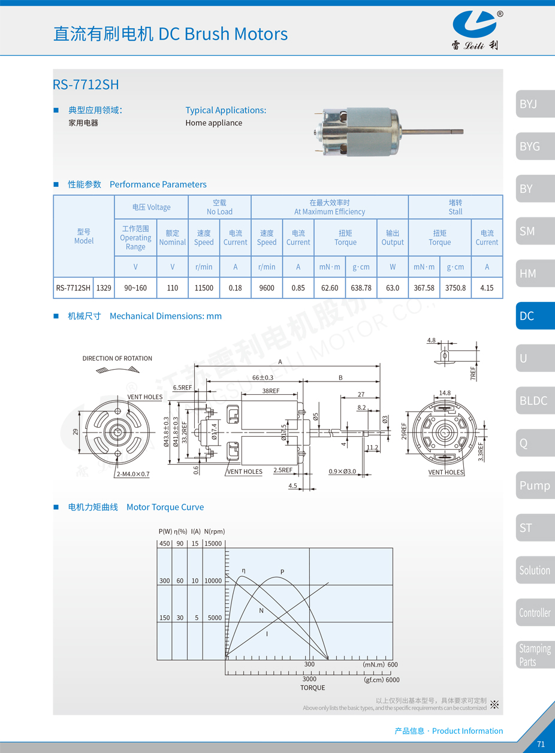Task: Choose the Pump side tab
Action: pyautogui.click(x=534, y=485)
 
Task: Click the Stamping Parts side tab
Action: pyautogui.click(x=534, y=655)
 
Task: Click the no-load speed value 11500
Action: pyautogui.click(x=204, y=288)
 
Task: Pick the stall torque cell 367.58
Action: pyautogui.click(x=424, y=288)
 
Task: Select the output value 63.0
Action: pyautogui.click(x=393, y=288)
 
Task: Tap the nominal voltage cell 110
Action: pyautogui.click(x=173, y=288)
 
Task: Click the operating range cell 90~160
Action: pyautogui.click(x=135, y=288)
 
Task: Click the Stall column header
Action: pyautogui.click(x=456, y=207)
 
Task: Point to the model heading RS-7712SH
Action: pyautogui.click(x=86, y=84)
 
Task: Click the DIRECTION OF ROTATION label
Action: pyautogui.click(x=117, y=358)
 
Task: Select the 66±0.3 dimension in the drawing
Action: pyautogui.click(x=263, y=377)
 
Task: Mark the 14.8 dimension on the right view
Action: pyautogui.click(x=445, y=393)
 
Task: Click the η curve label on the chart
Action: pyautogui.click(x=243, y=570)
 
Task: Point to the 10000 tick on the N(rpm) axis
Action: pyautogui.click(x=213, y=580)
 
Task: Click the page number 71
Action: pyautogui.click(x=541, y=744)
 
